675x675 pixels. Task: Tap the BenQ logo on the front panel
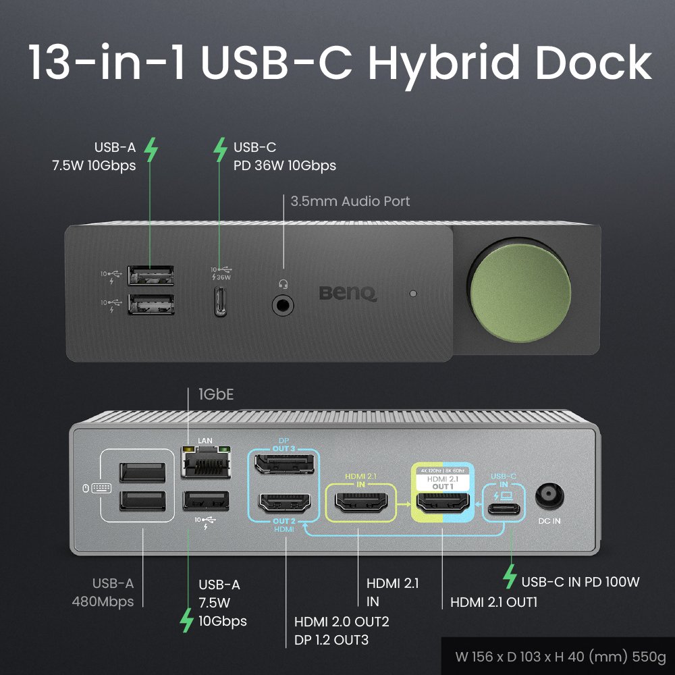348,294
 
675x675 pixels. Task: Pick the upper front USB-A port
152,275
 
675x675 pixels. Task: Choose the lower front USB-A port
152,304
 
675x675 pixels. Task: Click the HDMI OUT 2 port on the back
284,503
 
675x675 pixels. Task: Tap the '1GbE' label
215,394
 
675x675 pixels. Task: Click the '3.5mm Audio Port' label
350,200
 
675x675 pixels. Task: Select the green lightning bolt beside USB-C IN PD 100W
510,576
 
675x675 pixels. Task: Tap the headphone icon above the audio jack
283,284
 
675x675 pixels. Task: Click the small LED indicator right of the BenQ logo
413,294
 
